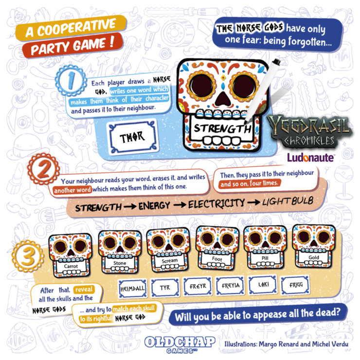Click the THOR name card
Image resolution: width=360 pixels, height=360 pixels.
(x=133, y=137)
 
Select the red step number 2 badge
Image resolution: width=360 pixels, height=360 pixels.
(x=43, y=169)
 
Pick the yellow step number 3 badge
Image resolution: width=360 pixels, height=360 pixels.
(x=28, y=256)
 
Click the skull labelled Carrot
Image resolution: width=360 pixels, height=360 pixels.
(x=70, y=255)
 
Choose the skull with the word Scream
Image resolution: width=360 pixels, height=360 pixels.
(x=168, y=250)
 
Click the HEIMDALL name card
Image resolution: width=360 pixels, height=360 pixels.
(x=133, y=288)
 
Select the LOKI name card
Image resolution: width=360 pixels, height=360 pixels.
(x=263, y=285)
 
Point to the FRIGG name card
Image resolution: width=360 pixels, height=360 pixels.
(x=295, y=285)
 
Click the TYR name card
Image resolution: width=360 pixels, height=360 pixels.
(x=165, y=287)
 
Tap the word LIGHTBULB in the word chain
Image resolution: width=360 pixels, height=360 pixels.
(x=288, y=201)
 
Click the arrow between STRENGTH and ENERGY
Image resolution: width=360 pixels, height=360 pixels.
(x=130, y=207)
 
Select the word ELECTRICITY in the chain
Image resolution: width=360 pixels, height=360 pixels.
(x=216, y=204)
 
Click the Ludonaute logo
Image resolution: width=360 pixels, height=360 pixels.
(x=310, y=158)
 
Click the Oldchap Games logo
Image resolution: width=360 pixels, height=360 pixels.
(x=180, y=344)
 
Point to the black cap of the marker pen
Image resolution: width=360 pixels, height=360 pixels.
(x=276, y=62)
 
